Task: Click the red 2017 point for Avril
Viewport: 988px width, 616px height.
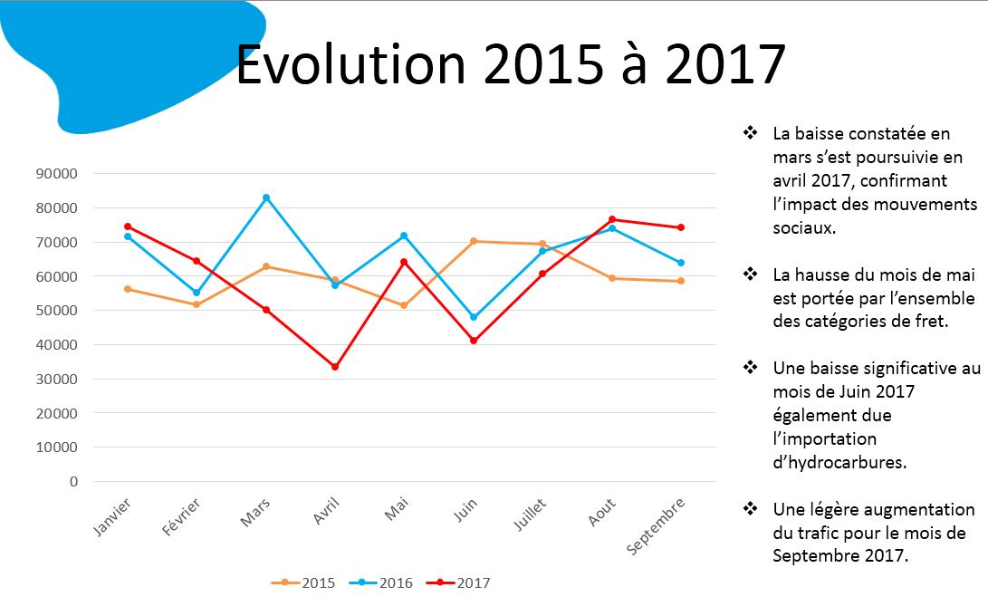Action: coord(335,367)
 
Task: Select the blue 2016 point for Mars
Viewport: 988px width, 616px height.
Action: coord(266,197)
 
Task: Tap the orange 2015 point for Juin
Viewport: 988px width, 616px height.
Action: coord(474,241)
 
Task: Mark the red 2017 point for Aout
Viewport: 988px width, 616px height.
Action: coord(612,219)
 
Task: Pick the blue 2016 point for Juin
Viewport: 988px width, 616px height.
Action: coord(474,317)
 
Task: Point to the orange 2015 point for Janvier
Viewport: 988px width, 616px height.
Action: coord(128,289)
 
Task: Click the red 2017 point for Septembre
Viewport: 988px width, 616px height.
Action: coord(681,227)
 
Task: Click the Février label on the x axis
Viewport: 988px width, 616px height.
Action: coord(182,516)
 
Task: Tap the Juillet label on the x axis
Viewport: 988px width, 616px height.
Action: coord(529,515)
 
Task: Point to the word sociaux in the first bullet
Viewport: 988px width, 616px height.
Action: coord(804,228)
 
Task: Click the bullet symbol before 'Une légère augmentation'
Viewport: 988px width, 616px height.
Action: coord(750,508)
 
